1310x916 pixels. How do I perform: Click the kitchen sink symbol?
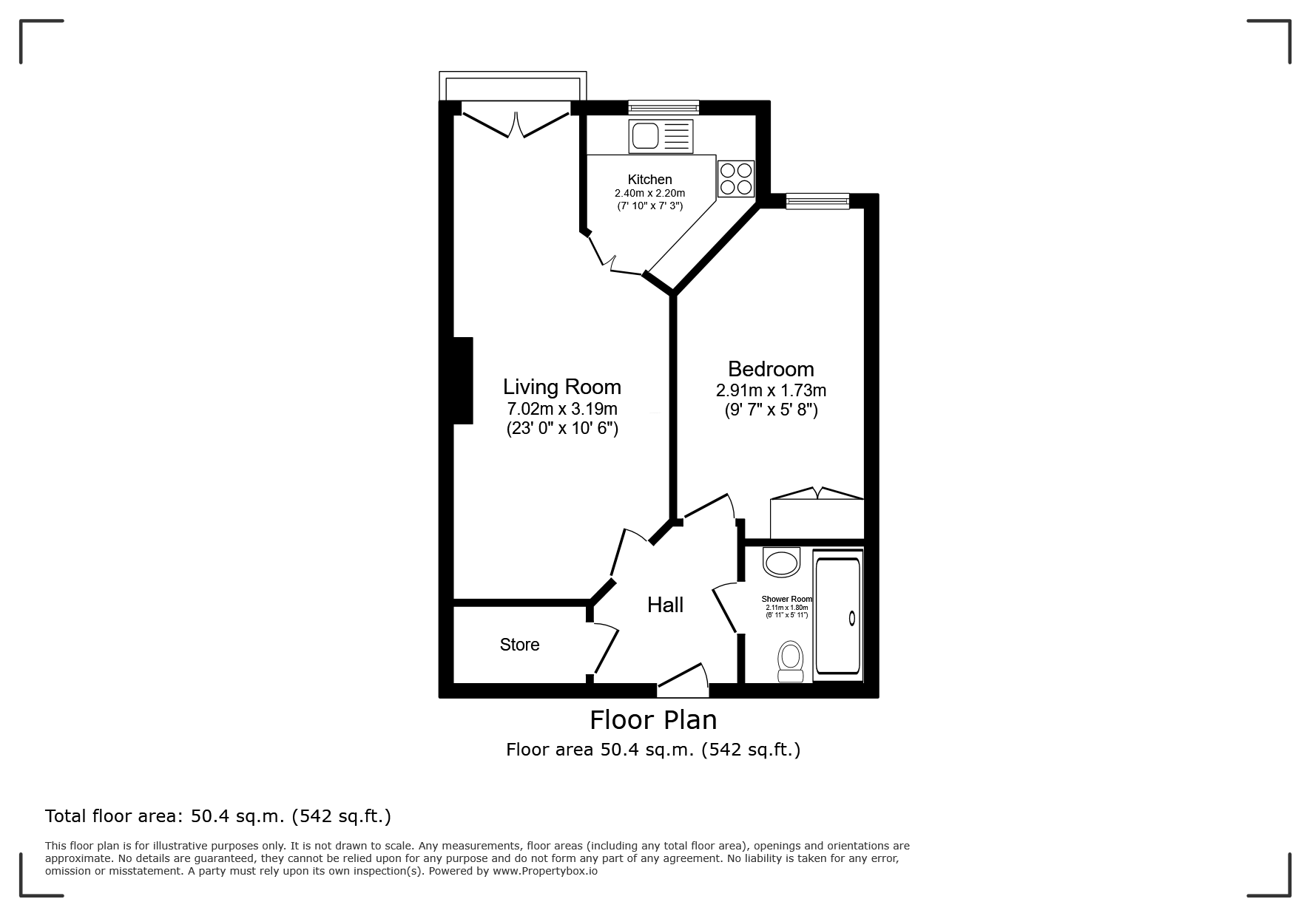pos(661,137)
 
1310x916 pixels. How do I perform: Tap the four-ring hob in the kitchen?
pos(736,178)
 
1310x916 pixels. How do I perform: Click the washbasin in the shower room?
pos(781,563)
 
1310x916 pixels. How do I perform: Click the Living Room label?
pos(562,387)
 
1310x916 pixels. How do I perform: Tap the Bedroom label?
pos(771,369)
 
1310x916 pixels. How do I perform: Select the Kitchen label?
pos(650,180)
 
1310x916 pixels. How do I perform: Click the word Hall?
pos(665,605)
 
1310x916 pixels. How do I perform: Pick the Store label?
pos(519,645)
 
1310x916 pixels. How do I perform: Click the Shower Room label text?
pos(787,599)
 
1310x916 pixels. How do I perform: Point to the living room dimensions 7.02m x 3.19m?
pos(562,409)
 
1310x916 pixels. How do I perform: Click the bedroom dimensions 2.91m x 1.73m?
pos(771,390)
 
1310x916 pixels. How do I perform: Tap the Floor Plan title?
pos(653,719)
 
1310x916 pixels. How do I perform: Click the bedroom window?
pos(817,201)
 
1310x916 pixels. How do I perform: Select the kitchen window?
pos(664,107)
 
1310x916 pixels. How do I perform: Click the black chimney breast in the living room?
pos(463,381)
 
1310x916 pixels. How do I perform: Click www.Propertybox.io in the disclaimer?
pos(545,871)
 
